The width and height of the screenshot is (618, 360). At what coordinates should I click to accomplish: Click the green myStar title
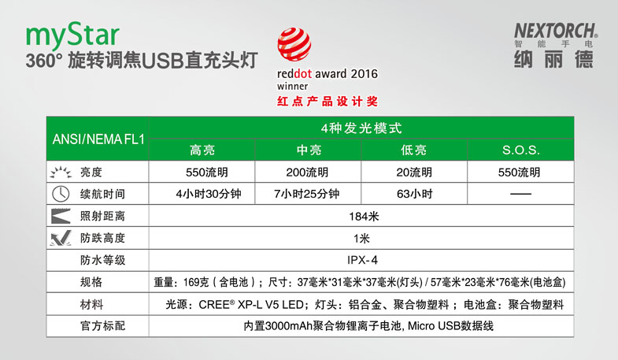(72, 36)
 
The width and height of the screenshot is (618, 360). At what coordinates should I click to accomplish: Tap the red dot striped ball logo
(294, 44)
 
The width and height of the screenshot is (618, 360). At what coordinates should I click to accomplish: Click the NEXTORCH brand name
(556, 31)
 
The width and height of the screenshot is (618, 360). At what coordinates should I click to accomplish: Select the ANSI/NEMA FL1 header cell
(98, 139)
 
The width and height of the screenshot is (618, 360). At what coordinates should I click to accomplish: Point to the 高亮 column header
(202, 150)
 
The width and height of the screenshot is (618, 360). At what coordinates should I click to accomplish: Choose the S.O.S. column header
(520, 150)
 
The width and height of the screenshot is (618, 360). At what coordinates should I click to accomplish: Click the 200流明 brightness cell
(307, 173)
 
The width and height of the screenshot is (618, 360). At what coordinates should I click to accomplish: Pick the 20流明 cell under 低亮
(414, 173)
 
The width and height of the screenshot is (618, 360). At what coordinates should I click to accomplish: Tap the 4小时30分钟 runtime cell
(209, 194)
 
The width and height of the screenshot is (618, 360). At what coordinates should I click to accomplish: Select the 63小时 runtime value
(415, 194)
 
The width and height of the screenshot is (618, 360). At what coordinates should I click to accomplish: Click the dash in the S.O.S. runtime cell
(520, 194)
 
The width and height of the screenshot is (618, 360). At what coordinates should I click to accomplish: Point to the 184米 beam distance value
(364, 216)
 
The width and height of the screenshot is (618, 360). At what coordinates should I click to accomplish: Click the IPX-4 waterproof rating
(362, 260)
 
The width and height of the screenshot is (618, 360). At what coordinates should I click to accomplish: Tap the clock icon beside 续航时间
(61, 194)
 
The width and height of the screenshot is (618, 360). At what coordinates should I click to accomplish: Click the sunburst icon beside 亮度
(61, 173)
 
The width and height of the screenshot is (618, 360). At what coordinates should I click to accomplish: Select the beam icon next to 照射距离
(61, 216)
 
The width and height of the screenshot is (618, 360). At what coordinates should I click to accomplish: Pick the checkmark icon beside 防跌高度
(61, 238)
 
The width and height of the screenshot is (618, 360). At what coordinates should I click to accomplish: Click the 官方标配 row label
(102, 326)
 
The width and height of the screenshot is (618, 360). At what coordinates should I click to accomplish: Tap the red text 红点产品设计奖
(328, 102)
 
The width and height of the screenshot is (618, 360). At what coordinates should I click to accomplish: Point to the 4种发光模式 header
(361, 128)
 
